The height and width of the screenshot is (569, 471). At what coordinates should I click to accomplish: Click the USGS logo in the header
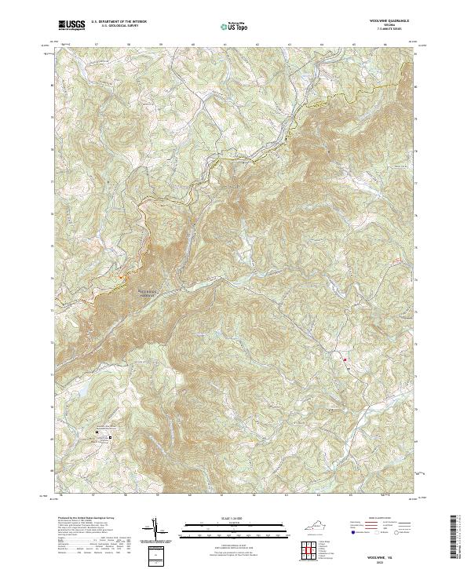72,25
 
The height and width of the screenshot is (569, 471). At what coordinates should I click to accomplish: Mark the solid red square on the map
345,359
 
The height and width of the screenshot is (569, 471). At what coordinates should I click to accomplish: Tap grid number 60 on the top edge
192,46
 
